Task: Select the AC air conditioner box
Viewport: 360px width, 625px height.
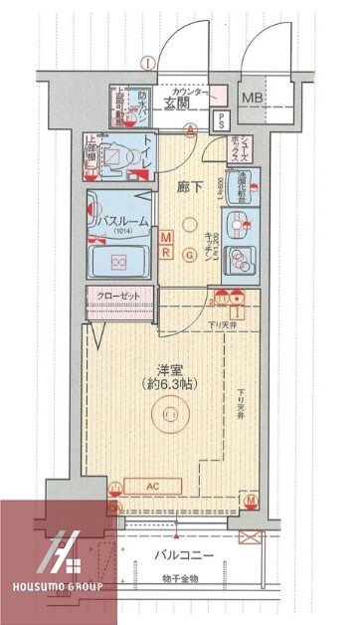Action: [x=153, y=487]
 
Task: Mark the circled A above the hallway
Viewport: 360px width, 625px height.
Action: [x=190, y=128]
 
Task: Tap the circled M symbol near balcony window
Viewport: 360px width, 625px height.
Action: [x=252, y=499]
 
